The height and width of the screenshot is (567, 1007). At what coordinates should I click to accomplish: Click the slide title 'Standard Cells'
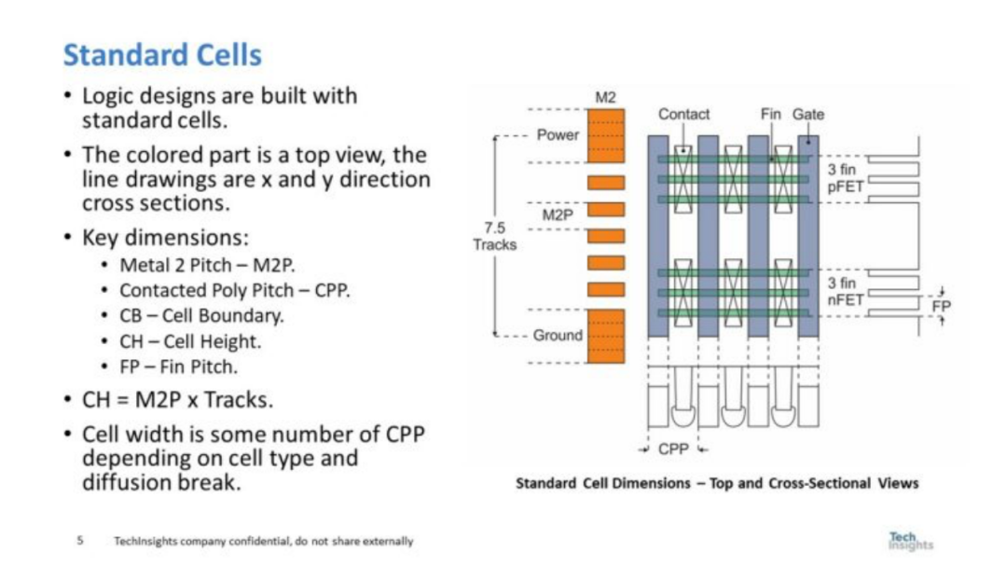point(162,55)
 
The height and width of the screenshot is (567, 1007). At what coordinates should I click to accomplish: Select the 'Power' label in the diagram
point(558,135)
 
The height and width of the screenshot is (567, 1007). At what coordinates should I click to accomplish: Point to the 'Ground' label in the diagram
point(558,335)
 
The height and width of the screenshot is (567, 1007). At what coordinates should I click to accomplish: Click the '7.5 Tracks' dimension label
point(494,238)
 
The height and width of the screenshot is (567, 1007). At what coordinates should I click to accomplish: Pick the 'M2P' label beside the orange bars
point(558,215)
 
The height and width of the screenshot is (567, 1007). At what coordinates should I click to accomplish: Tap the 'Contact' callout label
point(683,114)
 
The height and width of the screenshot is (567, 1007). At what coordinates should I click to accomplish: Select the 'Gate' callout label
point(807,114)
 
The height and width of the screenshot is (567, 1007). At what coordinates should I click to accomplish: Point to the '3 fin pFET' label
point(847,178)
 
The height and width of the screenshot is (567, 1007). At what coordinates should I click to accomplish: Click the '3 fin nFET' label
point(847,291)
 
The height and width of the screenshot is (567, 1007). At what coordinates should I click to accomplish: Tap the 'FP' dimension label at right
point(942,305)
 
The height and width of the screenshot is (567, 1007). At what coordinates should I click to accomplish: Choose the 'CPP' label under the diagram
point(673,449)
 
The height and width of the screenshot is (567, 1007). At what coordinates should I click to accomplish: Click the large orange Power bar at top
point(605,134)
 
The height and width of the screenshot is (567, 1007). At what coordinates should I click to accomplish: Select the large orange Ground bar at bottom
point(605,337)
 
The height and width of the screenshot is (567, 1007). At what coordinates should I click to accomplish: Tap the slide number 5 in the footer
point(80,541)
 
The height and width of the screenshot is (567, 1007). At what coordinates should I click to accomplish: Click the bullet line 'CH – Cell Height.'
point(190,340)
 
